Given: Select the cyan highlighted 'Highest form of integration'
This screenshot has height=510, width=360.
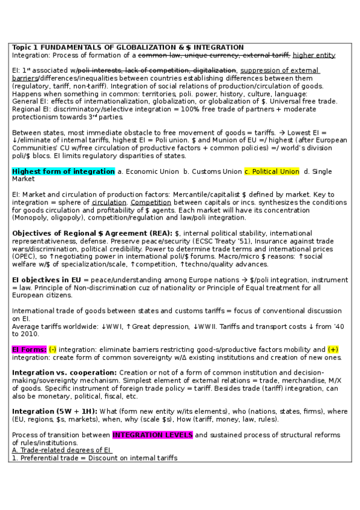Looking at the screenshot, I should [x=63, y=171].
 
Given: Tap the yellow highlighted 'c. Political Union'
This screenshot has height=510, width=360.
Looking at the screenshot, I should [x=272, y=171].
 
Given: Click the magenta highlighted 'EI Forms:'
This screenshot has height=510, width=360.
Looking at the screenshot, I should [x=29, y=349].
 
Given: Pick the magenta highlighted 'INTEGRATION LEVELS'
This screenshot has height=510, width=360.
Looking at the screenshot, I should [x=152, y=434].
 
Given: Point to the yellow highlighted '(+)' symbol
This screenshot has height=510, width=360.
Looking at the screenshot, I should [x=333, y=349].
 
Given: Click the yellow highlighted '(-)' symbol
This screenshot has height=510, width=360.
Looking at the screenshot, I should [x=53, y=349].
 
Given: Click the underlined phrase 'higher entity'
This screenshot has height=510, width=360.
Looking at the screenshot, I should [x=314, y=55].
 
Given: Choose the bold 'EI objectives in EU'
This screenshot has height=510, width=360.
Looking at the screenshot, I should [x=49, y=280].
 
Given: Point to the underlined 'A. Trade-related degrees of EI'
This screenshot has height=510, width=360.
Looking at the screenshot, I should [x=62, y=450].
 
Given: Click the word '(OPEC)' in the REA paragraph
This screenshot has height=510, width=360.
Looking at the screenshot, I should [x=24, y=256].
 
